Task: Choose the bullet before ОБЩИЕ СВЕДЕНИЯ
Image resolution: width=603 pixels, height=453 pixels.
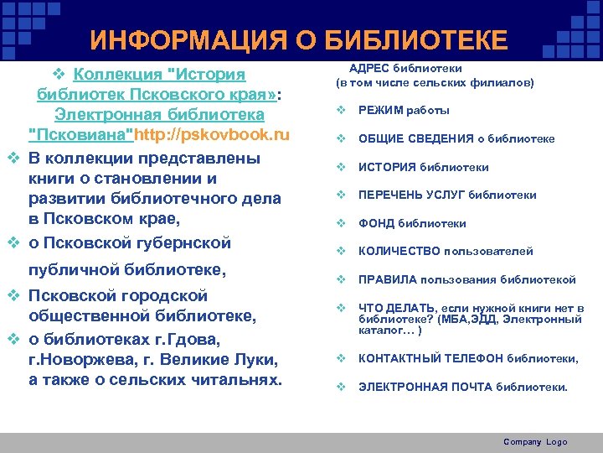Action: pyautogui.click(x=341, y=138)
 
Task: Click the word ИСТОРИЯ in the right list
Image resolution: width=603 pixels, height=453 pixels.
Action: pyautogui.click(x=388, y=167)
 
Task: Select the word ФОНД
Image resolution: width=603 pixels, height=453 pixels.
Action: pyautogui.click(x=376, y=223)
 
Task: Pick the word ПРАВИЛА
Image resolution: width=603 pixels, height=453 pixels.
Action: pyautogui.click(x=386, y=279)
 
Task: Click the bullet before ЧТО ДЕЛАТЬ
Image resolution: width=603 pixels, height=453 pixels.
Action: pyautogui.click(x=341, y=308)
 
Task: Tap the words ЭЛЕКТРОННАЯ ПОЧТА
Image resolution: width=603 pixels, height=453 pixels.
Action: pyautogui.click(x=425, y=388)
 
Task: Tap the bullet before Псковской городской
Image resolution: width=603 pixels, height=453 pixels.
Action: pyautogui.click(x=13, y=295)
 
